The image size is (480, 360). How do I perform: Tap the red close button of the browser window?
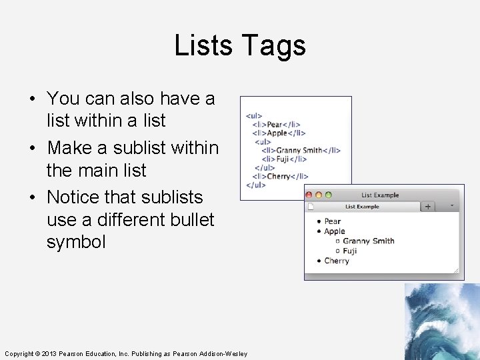coord(309,195)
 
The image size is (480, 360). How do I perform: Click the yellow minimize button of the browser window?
coord(319,195)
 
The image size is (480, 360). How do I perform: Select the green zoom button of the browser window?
coord(328,195)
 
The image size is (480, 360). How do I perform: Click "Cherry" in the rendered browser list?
coord(337,261)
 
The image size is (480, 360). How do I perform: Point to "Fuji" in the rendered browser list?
coord(350,251)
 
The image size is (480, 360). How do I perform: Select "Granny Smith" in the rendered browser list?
coord(369,241)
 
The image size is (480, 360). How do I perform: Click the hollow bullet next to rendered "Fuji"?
coord(338,251)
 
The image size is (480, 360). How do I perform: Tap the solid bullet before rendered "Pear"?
coord(319,221)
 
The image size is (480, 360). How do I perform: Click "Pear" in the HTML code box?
coord(275,124)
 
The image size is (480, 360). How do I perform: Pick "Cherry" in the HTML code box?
coord(279,176)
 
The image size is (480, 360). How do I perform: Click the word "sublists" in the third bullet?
coord(172,197)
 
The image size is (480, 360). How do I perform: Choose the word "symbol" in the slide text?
coord(76,241)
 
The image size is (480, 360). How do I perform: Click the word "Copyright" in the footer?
coord(17,353)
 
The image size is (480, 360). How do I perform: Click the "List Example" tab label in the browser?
coord(362,207)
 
